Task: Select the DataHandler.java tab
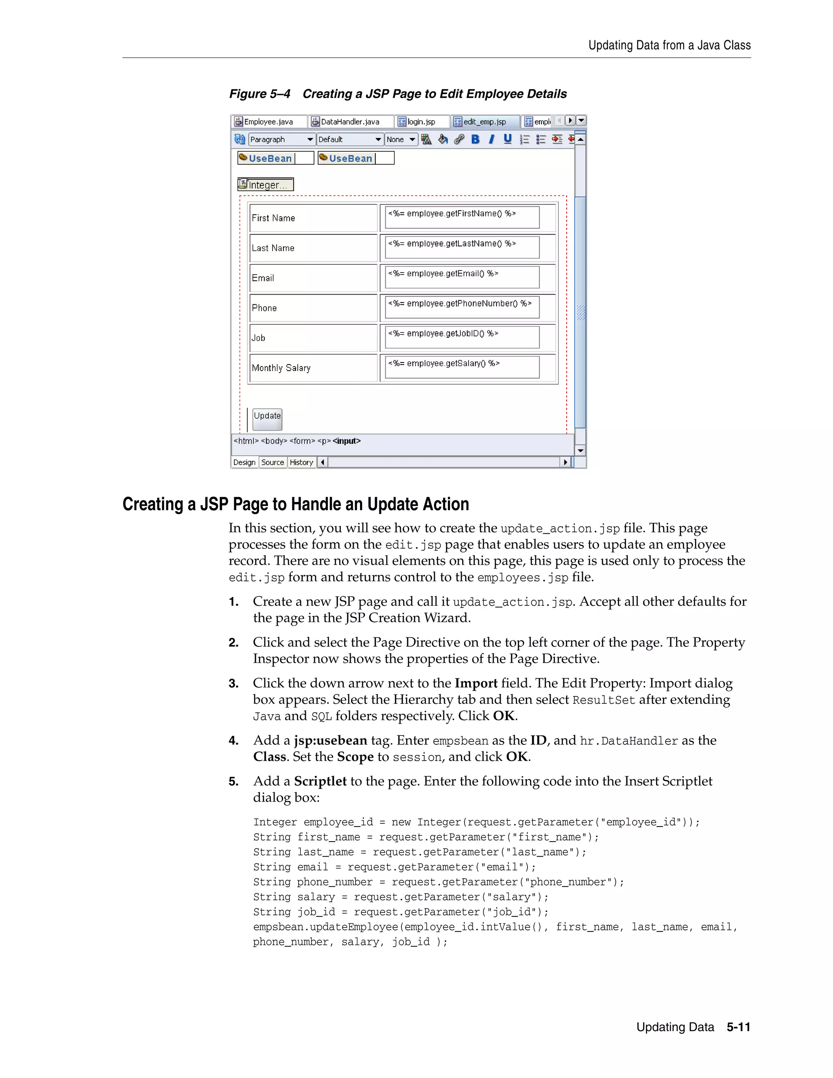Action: pyautogui.click(x=350, y=121)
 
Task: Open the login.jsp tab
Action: pyautogui.click(x=421, y=121)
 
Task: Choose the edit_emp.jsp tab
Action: pyautogui.click(x=484, y=121)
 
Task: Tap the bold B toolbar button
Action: pyautogui.click(x=475, y=140)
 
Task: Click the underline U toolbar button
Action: pyautogui.click(x=507, y=139)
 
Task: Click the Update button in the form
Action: pyautogui.click(x=267, y=418)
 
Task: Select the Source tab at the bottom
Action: pyautogui.click(x=273, y=463)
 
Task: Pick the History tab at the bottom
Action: pyautogui.click(x=301, y=463)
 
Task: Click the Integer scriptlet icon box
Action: pyautogui.click(x=266, y=185)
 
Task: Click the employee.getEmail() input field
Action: pyautogui.click(x=462, y=277)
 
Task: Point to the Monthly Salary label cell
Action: pyautogui.click(x=313, y=368)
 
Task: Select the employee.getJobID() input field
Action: pyautogui.click(x=462, y=337)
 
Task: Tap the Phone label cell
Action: pyautogui.click(x=313, y=308)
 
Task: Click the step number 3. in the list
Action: pyautogui.click(x=233, y=684)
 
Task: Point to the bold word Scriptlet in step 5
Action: pyautogui.click(x=320, y=781)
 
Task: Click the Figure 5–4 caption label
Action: pyautogui.click(x=259, y=94)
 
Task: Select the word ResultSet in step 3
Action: pyautogui.click(x=604, y=700)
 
